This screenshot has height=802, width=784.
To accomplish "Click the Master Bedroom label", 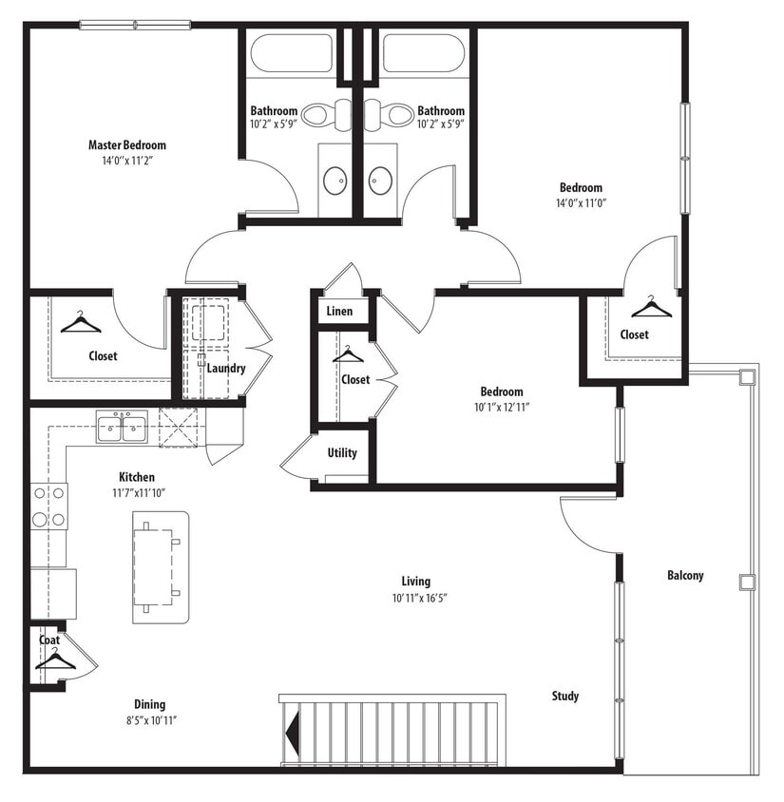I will coord(126,145).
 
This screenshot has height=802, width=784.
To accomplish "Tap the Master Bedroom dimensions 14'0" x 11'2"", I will coord(126,161).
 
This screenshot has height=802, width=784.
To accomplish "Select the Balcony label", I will coord(684,576).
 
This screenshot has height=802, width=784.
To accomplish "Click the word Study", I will coord(564,697).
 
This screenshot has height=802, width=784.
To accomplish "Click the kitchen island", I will coord(161,566).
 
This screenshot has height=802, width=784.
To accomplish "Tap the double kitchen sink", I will coord(122,427).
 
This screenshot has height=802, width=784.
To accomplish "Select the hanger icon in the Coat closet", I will coord(55,659).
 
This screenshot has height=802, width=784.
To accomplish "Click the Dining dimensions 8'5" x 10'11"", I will coord(149,720).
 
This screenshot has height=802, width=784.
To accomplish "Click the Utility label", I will coord(342,453).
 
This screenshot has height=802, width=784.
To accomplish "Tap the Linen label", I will coord(339,312).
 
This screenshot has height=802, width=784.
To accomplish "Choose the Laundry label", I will coord(226,369).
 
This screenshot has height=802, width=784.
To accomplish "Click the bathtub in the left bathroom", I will coord(291,53).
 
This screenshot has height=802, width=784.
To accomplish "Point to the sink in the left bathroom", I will coord(335,180).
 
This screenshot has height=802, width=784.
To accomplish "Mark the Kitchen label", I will coord(137,477).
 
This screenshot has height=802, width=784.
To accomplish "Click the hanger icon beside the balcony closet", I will coord(651,307).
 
